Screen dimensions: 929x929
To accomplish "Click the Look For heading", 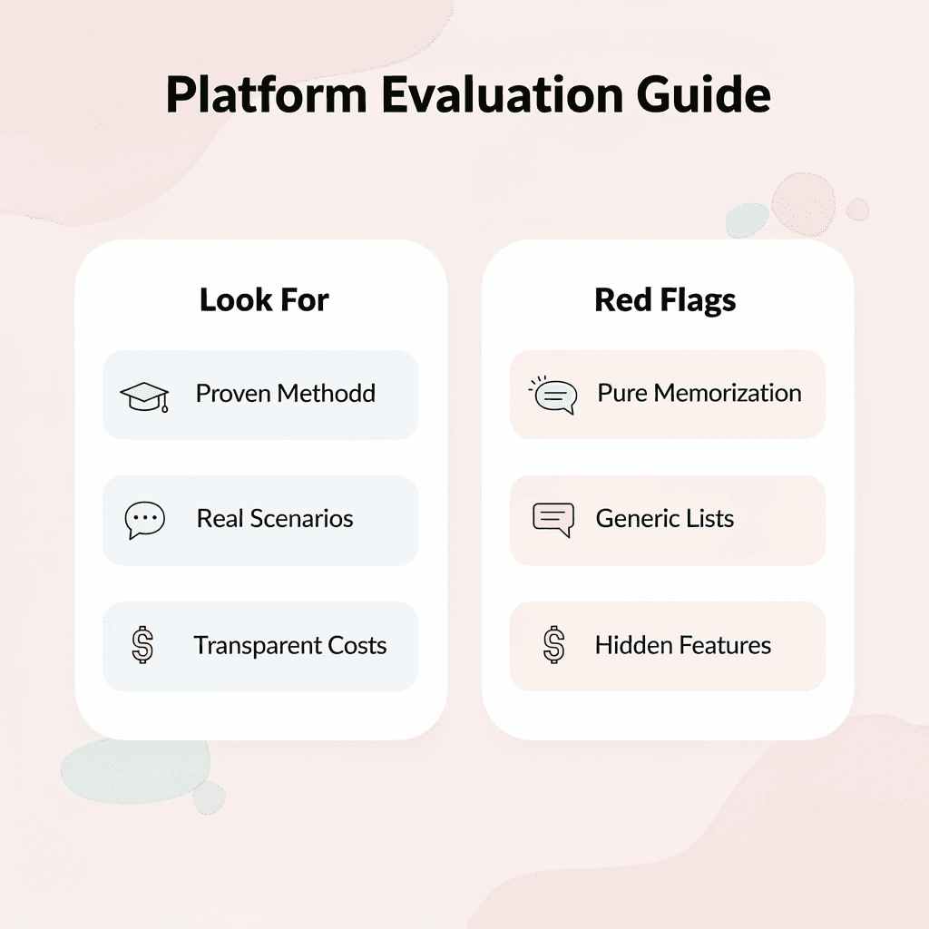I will [x=264, y=300].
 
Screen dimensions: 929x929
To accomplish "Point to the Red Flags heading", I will [x=665, y=300].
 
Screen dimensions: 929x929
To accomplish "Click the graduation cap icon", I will [x=144, y=396].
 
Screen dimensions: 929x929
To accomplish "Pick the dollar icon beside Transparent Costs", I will [x=142, y=646].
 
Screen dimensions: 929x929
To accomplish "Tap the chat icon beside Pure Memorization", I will [x=553, y=396].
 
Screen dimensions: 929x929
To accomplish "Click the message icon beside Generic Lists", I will [x=553, y=520].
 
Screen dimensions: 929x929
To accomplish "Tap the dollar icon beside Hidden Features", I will [x=553, y=646].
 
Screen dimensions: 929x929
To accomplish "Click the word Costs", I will [x=358, y=646].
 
